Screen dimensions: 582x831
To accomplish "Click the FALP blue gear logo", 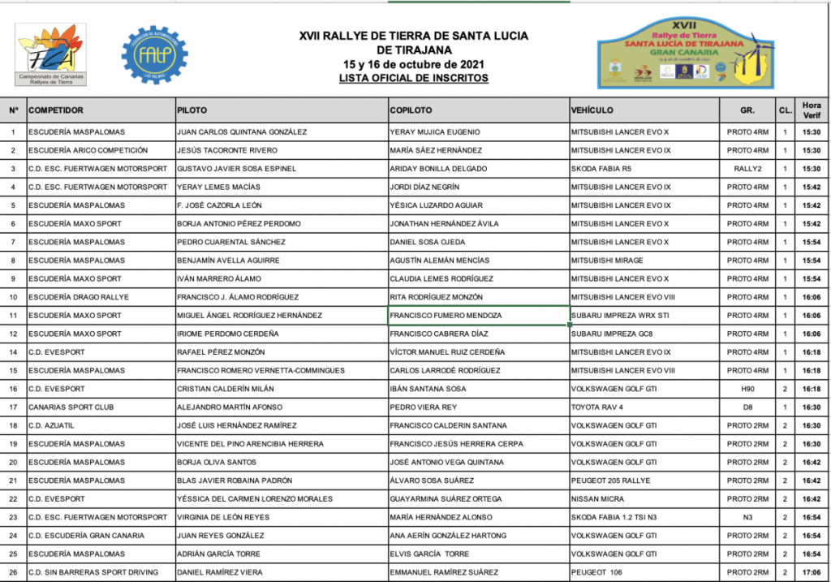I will [154, 54].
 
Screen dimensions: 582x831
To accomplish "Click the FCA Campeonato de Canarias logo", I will [51, 54].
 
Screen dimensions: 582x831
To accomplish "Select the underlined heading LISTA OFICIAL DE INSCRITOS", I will [414, 79].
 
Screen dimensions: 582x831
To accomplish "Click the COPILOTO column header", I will [411, 110].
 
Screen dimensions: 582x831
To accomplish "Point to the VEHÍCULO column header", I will [592, 110].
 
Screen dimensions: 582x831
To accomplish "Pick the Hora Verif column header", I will [811, 110].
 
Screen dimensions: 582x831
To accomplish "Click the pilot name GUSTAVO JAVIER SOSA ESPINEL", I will [236, 169].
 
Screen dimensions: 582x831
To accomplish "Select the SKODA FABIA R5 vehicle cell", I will [601, 169].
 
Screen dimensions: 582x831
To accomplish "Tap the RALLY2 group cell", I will [747, 169].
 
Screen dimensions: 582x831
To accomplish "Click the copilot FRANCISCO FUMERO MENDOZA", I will [446, 316].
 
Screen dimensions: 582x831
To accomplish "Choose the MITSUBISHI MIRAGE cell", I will [606, 261].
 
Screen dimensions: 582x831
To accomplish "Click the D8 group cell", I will [747, 407].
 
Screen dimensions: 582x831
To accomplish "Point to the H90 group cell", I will [747, 389].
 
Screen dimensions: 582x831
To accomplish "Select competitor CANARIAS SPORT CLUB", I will [71, 407].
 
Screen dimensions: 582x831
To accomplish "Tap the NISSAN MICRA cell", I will [599, 499].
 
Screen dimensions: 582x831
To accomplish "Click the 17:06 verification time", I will [811, 572].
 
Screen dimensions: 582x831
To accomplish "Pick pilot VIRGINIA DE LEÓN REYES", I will [223, 517].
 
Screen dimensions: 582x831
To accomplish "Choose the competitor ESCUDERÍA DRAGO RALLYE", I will [78, 297].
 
